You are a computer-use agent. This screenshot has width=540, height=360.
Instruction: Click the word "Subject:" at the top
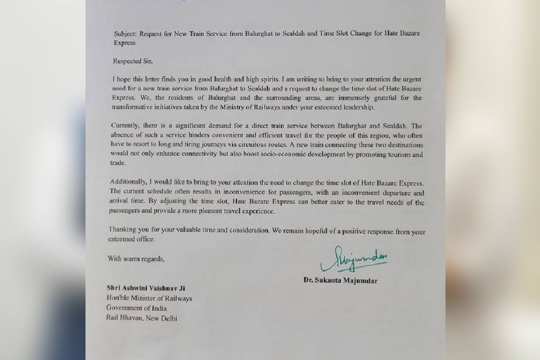click(x=125, y=33)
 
